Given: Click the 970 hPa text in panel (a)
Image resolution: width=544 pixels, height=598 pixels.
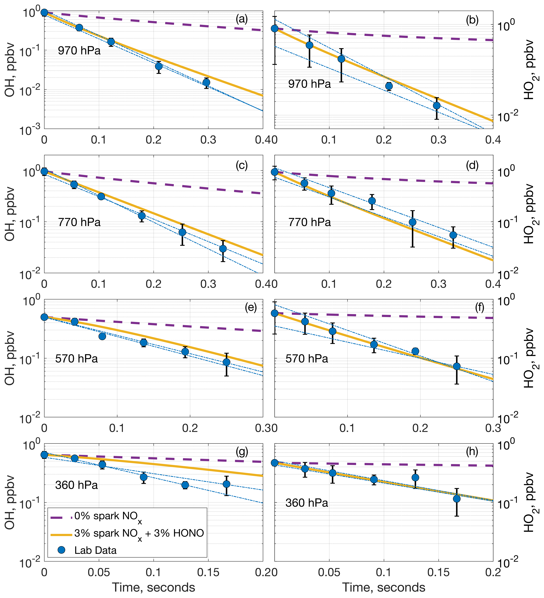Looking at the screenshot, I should [79, 51].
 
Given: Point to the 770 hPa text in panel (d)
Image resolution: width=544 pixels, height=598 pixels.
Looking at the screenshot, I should [310, 222].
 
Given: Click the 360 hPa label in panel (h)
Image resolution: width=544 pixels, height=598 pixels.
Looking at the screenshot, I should [307, 503].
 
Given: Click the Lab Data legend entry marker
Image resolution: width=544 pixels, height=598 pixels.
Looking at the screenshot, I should [61, 550].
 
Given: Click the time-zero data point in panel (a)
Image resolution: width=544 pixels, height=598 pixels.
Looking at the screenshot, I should [44, 12].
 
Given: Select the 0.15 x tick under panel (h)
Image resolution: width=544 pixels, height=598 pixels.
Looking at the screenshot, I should [438, 572].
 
